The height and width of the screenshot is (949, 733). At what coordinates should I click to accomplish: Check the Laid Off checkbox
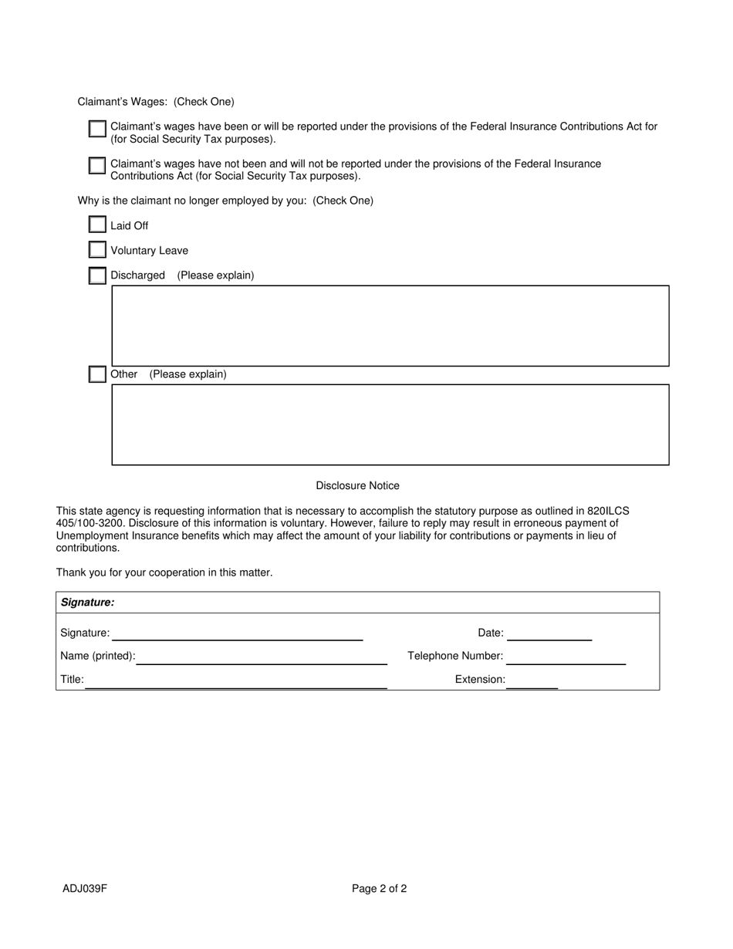(x=97, y=225)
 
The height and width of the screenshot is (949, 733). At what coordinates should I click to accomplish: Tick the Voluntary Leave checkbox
(x=97, y=250)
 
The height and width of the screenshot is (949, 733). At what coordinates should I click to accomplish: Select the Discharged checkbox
(x=97, y=275)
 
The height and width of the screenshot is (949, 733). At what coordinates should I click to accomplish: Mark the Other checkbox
(x=97, y=374)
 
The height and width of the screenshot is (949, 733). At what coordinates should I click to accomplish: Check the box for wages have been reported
(x=97, y=129)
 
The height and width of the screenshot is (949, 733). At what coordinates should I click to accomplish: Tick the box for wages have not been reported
(x=97, y=166)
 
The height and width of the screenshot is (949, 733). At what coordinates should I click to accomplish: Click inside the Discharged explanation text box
(x=390, y=326)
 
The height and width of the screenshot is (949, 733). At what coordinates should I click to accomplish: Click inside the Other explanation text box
(x=390, y=424)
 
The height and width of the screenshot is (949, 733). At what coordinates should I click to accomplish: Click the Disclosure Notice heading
(x=357, y=485)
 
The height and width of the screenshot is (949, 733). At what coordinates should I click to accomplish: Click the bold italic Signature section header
(x=87, y=603)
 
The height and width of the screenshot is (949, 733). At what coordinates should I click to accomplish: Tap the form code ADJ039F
(x=85, y=888)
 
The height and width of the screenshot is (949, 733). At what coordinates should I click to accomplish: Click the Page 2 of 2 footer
(x=379, y=888)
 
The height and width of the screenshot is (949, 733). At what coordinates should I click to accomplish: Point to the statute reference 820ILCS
(x=608, y=511)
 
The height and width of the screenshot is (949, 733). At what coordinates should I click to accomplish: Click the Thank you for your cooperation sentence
(x=164, y=572)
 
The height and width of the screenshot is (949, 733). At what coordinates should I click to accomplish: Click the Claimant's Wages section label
(x=156, y=102)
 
